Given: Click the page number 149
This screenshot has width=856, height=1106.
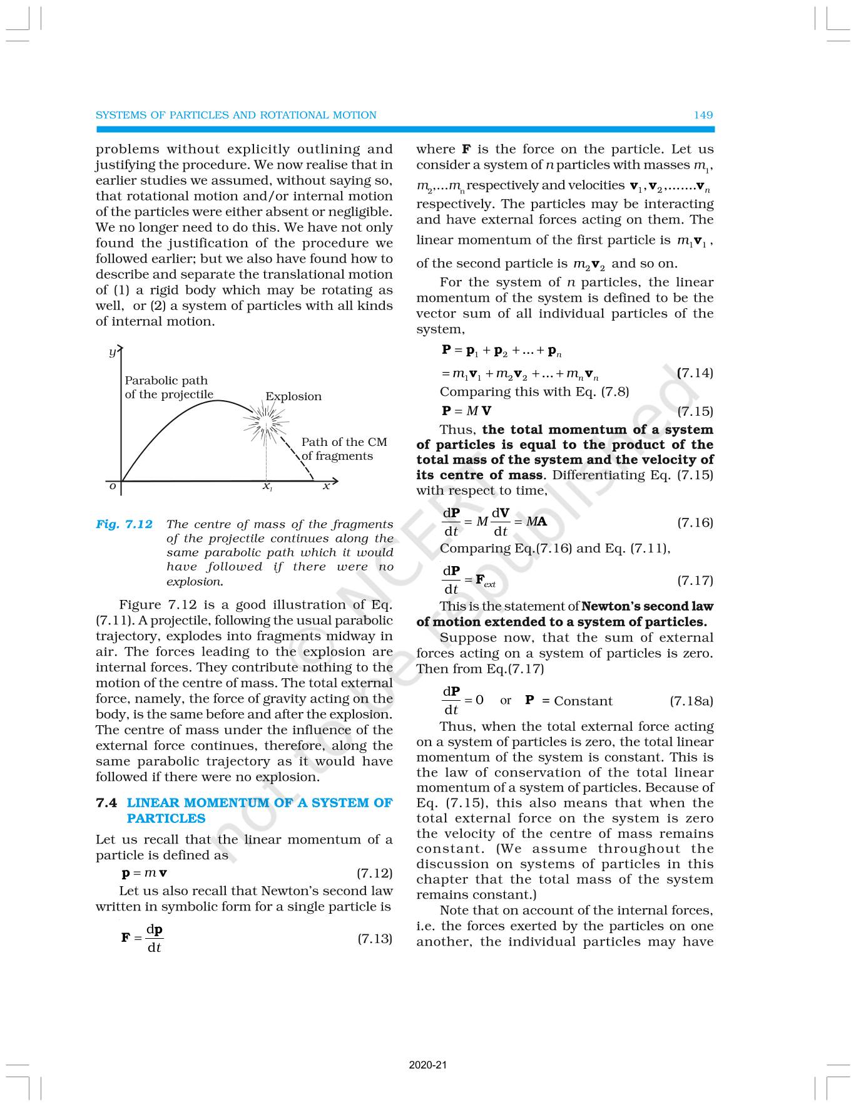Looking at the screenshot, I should [703, 115].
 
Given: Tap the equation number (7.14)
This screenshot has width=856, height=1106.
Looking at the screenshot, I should [695, 373].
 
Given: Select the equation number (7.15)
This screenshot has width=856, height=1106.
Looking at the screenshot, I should [695, 411].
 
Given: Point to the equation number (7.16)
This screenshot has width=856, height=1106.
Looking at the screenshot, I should [695, 522].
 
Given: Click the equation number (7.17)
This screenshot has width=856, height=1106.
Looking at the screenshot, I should [695, 581].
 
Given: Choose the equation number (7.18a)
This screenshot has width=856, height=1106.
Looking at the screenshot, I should [691, 701].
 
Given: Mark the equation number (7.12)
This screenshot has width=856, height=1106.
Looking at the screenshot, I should [374, 873].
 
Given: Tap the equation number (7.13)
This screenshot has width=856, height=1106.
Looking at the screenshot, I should [374, 938].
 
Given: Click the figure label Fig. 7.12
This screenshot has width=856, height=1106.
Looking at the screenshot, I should [124, 524].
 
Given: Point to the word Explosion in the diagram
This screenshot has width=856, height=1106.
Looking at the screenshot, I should [293, 396].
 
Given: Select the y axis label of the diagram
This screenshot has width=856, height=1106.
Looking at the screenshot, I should [112, 352].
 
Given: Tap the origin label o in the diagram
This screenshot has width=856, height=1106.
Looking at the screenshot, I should [113, 486].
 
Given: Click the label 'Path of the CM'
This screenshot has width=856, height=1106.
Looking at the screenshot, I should [344, 442].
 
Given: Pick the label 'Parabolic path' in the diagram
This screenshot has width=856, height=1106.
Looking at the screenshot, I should [166, 381].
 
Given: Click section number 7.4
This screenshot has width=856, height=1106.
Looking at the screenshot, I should [106, 803].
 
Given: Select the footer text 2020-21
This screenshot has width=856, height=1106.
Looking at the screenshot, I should [428, 1065].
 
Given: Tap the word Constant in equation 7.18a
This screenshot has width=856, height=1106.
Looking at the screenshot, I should [583, 701].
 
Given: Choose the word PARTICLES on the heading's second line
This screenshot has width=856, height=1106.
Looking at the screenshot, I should [166, 819].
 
